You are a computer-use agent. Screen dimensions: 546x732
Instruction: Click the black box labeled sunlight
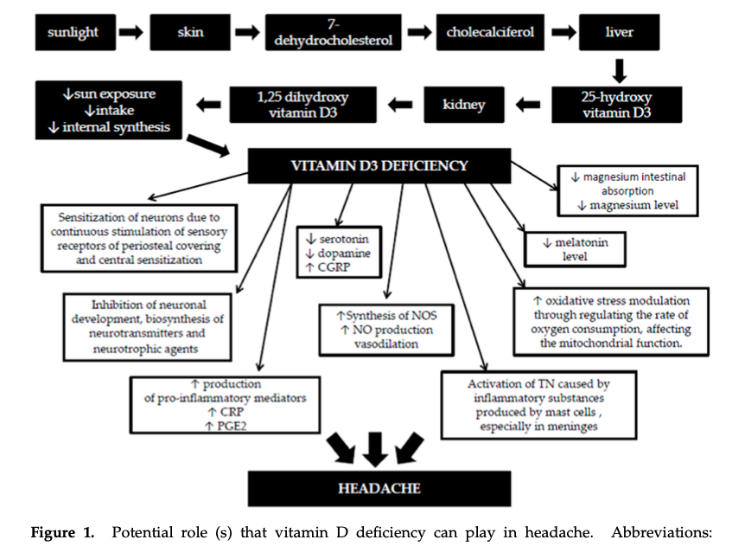(73, 34)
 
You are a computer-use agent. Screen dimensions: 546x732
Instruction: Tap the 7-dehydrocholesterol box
(333, 34)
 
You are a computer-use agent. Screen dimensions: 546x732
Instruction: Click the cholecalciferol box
(490, 34)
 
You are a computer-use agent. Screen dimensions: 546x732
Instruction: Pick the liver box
(619, 34)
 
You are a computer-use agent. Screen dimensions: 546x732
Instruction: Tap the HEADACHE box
(379, 489)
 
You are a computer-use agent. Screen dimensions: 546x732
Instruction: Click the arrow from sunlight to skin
(130, 34)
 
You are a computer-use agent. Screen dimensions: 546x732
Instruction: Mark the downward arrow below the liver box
(619, 68)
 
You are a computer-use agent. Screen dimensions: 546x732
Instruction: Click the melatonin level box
(576, 249)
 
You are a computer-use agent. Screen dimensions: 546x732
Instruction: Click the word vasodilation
(386, 344)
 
